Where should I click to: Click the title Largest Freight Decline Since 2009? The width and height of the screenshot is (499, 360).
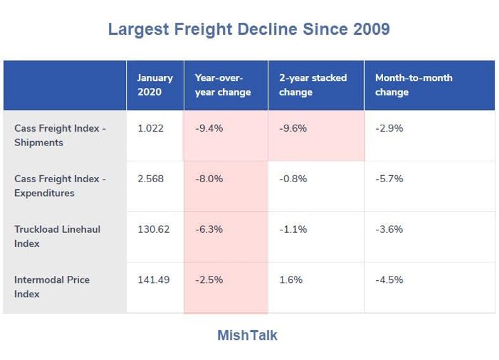(x=249, y=29)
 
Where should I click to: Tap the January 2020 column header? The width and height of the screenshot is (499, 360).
(x=155, y=85)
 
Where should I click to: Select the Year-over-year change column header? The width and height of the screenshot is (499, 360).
(x=222, y=85)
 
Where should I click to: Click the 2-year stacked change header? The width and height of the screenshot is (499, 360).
(x=313, y=85)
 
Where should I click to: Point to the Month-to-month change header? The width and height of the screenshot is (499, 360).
(x=414, y=85)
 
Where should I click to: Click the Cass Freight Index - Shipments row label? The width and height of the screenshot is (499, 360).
(x=60, y=135)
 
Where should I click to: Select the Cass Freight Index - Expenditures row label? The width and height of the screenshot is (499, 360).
(x=60, y=186)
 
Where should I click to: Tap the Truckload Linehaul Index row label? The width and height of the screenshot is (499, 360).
(x=57, y=236)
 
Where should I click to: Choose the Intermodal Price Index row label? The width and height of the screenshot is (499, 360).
(x=52, y=287)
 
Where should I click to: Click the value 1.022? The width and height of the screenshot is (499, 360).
(x=151, y=128)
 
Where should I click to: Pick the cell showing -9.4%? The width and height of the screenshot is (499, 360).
(x=209, y=128)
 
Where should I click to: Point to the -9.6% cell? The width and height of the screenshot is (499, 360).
(x=293, y=128)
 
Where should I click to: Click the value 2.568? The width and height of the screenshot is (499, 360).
(x=151, y=179)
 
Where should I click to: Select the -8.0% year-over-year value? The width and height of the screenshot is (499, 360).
(x=209, y=179)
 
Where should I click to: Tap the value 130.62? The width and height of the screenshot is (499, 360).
(x=154, y=230)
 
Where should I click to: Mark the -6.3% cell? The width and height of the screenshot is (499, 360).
(x=209, y=230)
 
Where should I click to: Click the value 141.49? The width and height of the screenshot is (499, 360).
(x=154, y=280)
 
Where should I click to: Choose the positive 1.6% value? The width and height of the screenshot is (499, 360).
(x=291, y=280)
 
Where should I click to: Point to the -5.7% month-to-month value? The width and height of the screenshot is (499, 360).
(x=389, y=179)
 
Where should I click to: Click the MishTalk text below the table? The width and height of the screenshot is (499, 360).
(x=247, y=335)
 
